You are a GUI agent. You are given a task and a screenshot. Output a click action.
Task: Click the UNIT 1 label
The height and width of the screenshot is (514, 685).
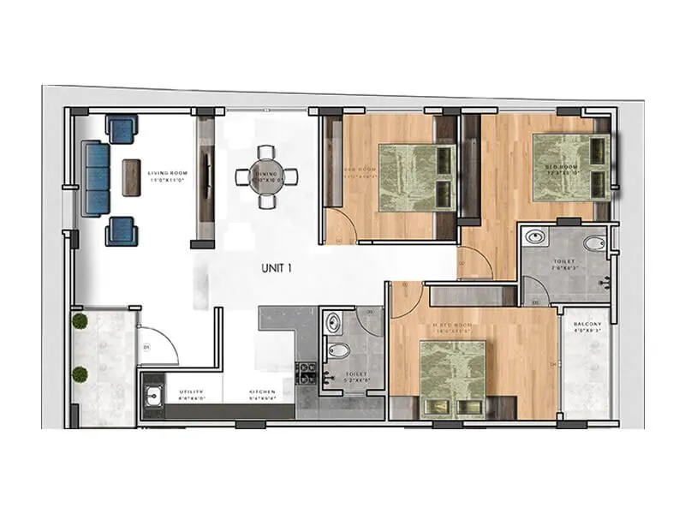277,268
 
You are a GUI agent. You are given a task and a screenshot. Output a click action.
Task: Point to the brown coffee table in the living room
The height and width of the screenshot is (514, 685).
132,177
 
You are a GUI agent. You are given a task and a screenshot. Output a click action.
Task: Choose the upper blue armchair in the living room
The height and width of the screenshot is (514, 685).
121,130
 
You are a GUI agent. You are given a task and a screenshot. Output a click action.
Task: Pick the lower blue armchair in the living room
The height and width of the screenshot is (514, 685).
121,230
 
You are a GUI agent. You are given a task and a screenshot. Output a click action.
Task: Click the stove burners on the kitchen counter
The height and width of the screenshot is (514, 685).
305,374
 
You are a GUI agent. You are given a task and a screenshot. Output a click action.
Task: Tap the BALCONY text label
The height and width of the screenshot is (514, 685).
587,325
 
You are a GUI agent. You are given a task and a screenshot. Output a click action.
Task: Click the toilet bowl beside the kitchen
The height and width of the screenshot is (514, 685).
339,350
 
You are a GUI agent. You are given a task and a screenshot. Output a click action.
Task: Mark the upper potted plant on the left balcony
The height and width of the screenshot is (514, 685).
80,321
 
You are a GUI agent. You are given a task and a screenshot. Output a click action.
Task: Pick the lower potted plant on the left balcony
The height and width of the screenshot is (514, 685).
80,374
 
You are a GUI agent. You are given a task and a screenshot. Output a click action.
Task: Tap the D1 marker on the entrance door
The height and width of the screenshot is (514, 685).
146,347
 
